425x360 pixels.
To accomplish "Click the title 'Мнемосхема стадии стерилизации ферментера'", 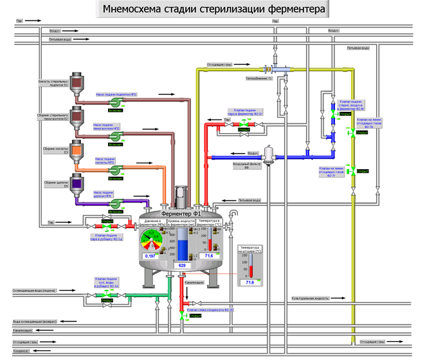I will click(x=212, y=9).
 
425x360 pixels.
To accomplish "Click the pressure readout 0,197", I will click(x=151, y=256).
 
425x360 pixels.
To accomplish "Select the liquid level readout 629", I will click(x=182, y=265).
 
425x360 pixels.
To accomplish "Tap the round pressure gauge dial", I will click(x=152, y=239).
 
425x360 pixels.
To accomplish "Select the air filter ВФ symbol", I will click(x=268, y=154).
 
